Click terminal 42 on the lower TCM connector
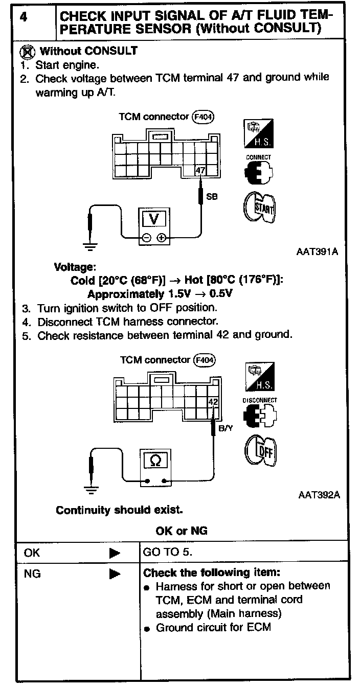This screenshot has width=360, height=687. coord(213,402)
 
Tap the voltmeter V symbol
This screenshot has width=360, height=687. coord(153,219)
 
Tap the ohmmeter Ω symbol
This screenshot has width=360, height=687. coord(156,461)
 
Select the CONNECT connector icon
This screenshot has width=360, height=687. coord(258,171)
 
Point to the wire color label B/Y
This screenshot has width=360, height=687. coord(226,428)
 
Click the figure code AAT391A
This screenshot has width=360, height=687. coord(318,252)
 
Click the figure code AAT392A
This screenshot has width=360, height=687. coord(319,495)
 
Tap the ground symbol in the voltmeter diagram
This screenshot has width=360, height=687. coord(90,248)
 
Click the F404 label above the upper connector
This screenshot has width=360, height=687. coord(202,117)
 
